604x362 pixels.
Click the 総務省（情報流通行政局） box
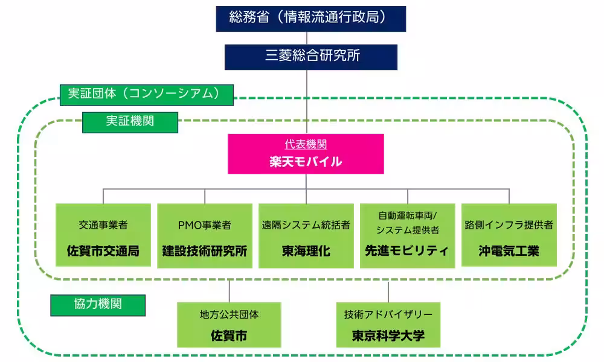coord(310,17)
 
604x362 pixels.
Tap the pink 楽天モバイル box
coord(306,154)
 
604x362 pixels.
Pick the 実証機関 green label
coord(130,121)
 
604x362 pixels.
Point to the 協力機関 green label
coord(98,304)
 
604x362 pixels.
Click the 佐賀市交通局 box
coord(103,235)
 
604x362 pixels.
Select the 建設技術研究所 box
coord(204,235)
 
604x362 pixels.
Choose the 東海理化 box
coord(306,235)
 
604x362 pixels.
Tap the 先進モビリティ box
coord(407,235)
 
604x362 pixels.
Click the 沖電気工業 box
coord(509,235)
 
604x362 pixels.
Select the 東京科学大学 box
coord(388,325)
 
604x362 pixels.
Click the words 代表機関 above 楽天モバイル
coord(306,145)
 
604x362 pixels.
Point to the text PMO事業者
coord(204,225)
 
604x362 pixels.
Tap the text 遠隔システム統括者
coord(306,225)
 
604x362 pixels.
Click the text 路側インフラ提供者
coord(509,225)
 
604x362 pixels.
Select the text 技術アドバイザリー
coord(388,314)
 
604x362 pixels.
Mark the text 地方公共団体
coord(229,314)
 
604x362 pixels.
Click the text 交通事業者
coord(103,225)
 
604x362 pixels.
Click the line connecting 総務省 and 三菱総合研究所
coord(310,37)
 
